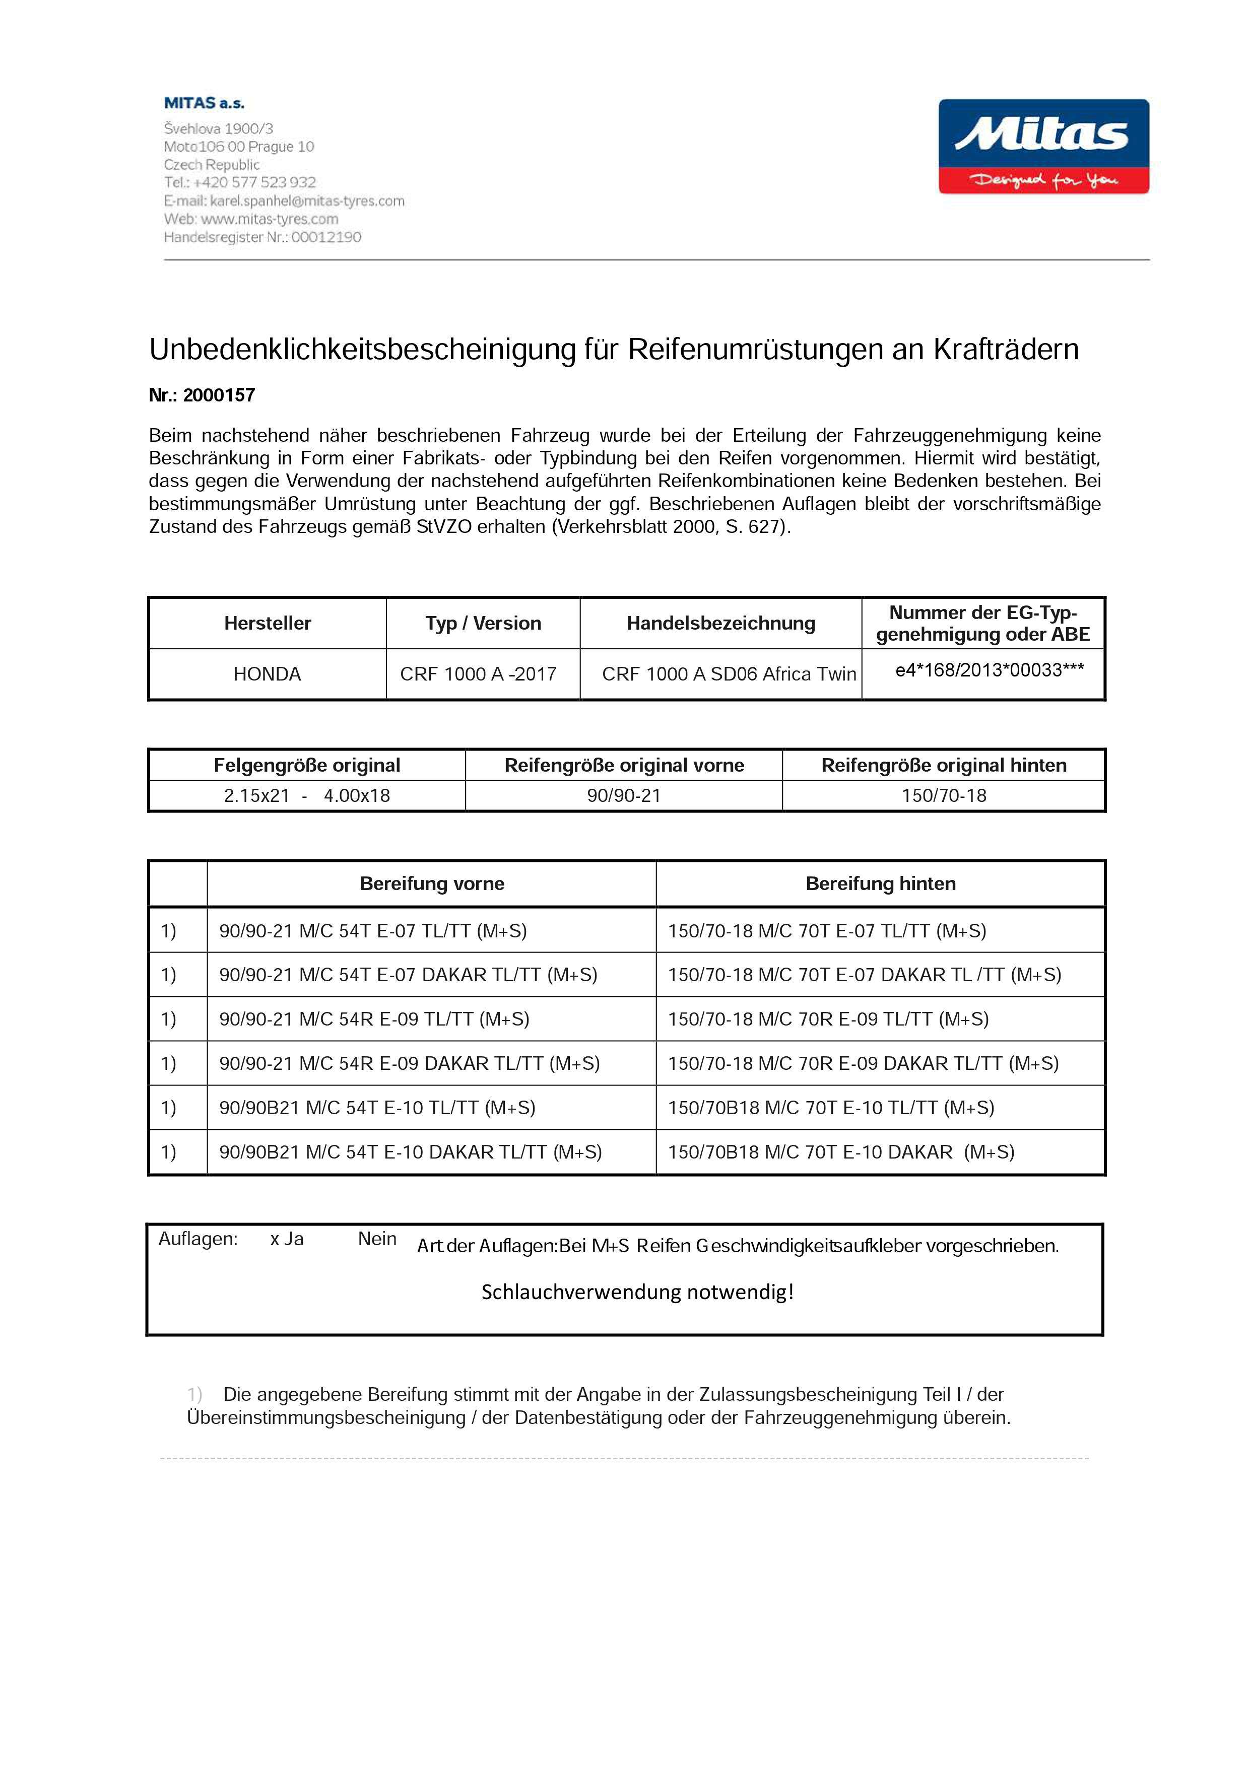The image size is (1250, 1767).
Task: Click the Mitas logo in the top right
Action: (1043, 146)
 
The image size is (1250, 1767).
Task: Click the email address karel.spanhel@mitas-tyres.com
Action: (307, 201)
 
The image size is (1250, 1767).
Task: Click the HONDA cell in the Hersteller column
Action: (267, 674)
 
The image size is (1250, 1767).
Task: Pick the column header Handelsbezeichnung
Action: (720, 624)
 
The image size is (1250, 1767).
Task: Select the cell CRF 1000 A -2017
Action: (478, 674)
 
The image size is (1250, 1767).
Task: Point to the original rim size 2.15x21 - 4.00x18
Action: (306, 796)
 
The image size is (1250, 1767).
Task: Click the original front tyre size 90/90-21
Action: (623, 796)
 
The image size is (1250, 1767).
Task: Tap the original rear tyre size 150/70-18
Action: (944, 796)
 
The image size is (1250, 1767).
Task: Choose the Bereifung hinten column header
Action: (881, 883)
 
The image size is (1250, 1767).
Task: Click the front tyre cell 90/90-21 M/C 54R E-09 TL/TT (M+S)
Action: (374, 1019)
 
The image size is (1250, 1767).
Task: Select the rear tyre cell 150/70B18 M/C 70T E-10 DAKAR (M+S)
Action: (840, 1152)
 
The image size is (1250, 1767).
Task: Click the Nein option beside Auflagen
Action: (377, 1239)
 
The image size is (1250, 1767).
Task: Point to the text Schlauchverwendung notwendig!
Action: (637, 1292)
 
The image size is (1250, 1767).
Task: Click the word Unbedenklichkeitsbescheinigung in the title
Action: (362, 350)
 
